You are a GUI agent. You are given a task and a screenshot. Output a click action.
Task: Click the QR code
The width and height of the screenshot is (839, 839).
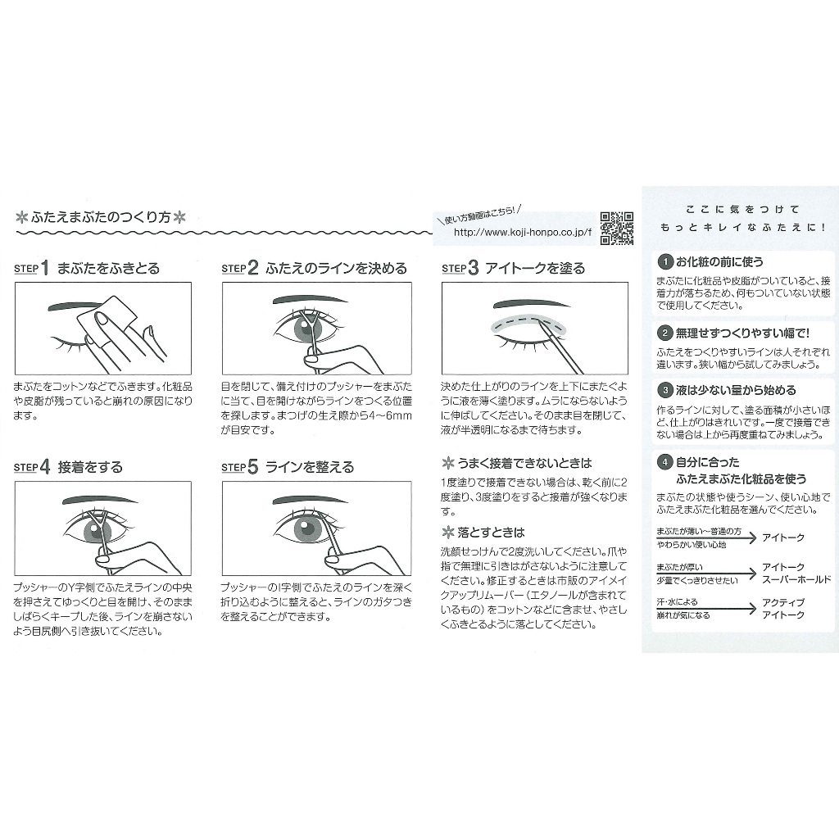point(616,229)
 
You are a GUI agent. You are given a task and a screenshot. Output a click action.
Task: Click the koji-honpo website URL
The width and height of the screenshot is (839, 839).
point(522,232)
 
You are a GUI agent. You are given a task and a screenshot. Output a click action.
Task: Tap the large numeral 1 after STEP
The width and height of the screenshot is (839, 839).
point(45,268)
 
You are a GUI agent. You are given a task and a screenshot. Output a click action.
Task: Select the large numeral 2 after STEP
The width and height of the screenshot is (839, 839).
point(253,268)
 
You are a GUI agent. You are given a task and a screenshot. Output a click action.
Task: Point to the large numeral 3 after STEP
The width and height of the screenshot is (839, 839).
point(473,268)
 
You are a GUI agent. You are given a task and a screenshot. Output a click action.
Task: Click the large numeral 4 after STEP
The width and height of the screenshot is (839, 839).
point(46,466)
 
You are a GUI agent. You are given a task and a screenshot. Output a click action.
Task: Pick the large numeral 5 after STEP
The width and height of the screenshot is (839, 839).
point(253,466)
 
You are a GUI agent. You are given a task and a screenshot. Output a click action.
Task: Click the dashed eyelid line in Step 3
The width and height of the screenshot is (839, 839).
point(530,323)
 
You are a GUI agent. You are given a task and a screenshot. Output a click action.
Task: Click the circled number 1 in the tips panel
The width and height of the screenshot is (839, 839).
point(664,261)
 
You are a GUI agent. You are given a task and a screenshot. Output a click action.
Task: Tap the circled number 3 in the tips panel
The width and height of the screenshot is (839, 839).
point(664,390)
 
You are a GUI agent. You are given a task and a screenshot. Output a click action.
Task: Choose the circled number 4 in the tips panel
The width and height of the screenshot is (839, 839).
point(664,462)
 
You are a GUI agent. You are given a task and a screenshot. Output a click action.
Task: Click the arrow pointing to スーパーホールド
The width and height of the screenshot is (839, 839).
point(706,574)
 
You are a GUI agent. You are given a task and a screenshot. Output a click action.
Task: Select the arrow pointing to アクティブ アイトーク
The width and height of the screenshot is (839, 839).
point(706,609)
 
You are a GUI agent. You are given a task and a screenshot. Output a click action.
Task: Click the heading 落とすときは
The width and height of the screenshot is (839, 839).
point(491,533)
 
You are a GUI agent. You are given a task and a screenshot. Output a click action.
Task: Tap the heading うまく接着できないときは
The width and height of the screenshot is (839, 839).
point(524,463)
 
